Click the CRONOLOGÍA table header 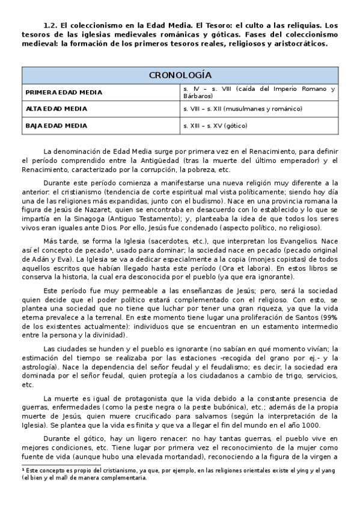(x=180, y=75)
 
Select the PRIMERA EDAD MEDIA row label (x=64, y=93)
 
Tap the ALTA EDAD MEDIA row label (x=56, y=109)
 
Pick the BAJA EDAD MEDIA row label (x=56, y=126)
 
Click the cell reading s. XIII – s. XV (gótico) (x=215, y=126)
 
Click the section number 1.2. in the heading (x=51, y=26)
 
